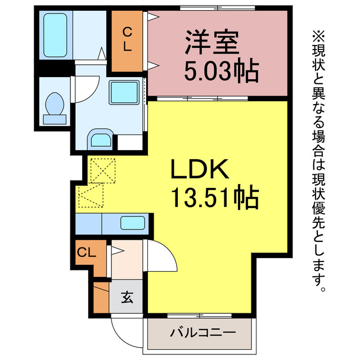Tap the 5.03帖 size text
(222, 71)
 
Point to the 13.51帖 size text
(214, 197)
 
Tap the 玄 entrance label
(127, 298)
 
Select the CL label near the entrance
(87, 253)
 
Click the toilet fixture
(55, 106)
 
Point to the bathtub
(55, 35)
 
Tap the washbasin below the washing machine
(101, 139)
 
